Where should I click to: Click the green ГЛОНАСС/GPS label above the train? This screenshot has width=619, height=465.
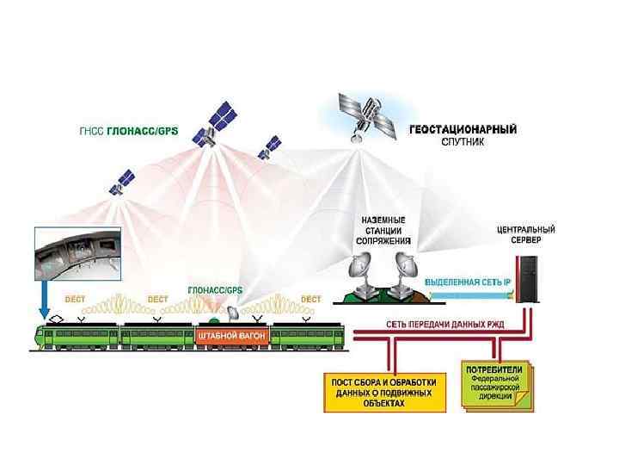point(216,290)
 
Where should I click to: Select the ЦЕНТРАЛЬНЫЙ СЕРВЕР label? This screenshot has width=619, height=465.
point(525,235)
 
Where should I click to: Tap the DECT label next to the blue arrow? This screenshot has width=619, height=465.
point(77,300)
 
